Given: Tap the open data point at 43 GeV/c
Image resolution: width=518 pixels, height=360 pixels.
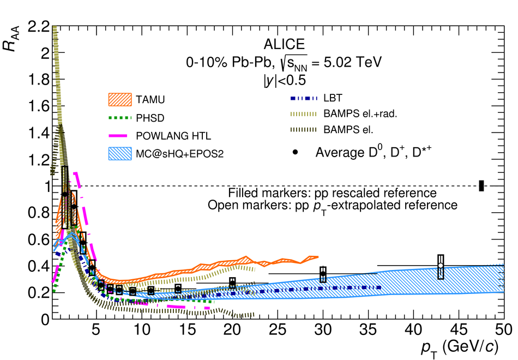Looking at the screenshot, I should (x=441, y=266).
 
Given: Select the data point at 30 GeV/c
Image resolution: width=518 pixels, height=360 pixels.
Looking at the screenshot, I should (x=323, y=274).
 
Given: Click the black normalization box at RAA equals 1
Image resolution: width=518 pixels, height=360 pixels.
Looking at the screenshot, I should (x=481, y=185).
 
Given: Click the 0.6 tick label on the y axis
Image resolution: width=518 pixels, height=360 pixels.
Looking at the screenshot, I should (x=33, y=239).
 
